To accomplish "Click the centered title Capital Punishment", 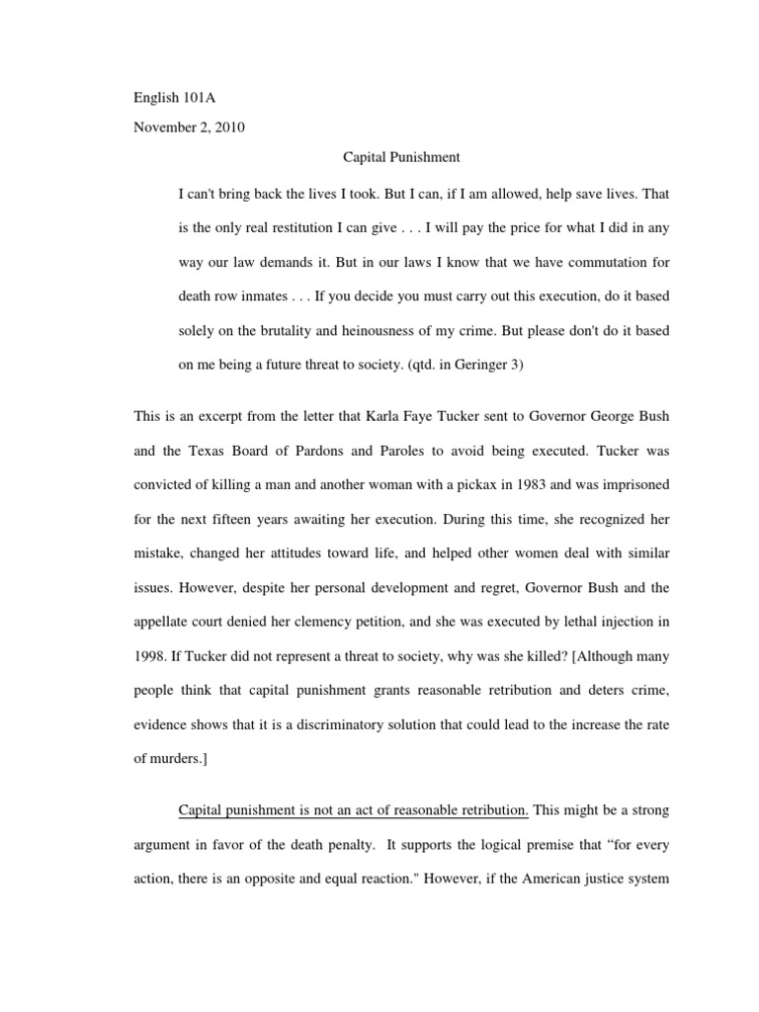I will pos(401,156).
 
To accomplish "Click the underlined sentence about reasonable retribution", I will pos(354,810).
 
